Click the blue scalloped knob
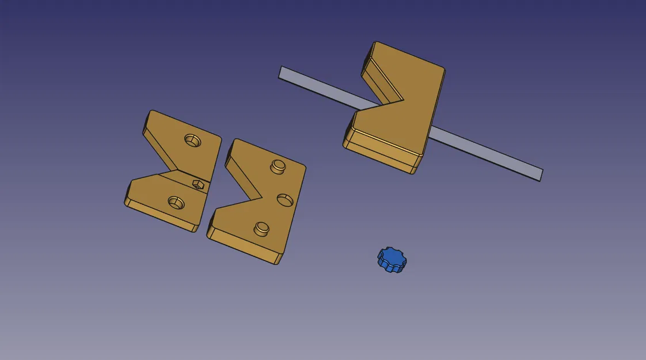click(392, 259)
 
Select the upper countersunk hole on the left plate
click(192, 140)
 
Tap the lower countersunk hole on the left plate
click(176, 202)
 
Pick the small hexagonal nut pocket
click(198, 184)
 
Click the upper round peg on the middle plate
click(278, 166)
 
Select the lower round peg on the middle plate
click(262, 228)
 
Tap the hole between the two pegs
click(285, 199)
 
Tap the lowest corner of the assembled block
click(414, 173)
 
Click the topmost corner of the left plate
click(152, 112)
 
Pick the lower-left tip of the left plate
click(126, 202)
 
